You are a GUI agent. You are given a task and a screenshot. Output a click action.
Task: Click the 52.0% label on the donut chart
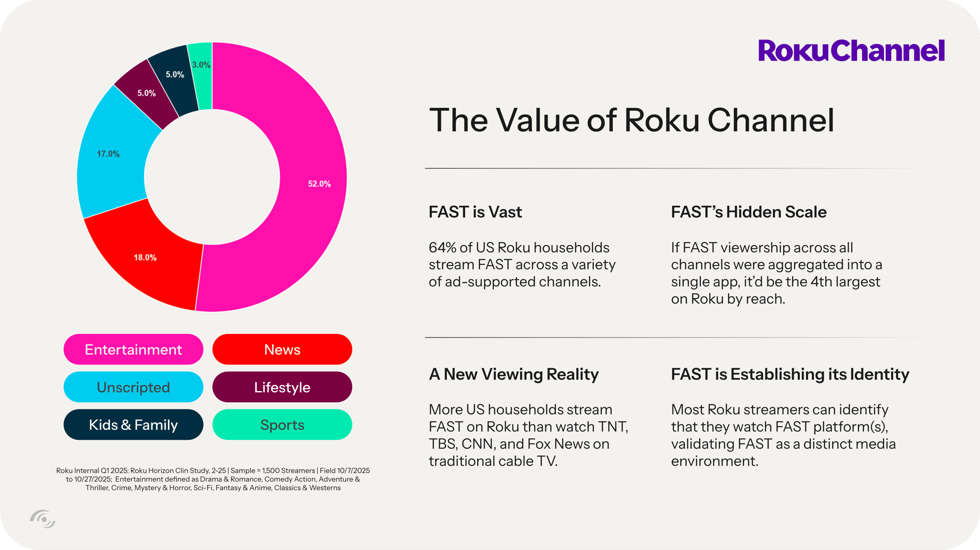319,184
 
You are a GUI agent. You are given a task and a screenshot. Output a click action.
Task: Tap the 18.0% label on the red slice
145,257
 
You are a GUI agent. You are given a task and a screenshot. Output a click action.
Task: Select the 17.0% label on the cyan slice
108,154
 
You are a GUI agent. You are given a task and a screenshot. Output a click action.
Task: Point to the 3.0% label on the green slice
201,65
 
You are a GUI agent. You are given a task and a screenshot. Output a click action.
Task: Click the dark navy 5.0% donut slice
171,81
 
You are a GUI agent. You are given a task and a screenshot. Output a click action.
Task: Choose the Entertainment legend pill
133,349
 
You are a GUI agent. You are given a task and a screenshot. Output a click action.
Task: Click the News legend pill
282,349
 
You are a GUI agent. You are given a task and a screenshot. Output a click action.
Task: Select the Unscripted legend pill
133,387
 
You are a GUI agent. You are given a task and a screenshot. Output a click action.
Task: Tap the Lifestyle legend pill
282,387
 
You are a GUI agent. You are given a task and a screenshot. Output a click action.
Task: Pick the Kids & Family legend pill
133,425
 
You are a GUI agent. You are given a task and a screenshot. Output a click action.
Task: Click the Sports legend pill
282,425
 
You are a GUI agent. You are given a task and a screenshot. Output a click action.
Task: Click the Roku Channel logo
852,50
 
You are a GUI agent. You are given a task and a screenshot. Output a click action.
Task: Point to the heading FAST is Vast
475,212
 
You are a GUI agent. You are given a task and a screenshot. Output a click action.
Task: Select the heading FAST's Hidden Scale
749,212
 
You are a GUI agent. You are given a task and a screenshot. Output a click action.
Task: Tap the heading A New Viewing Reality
514,375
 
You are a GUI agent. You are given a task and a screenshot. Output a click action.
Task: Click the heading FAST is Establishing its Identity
790,375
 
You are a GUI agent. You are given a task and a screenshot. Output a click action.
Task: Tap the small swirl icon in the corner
43,519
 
